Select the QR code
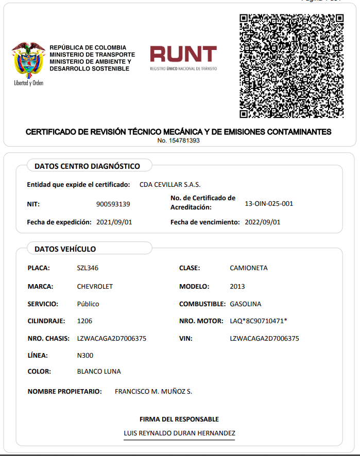pyautogui.click(x=292, y=65)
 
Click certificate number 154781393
pyautogui.click(x=179, y=141)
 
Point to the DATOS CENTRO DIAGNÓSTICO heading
pyautogui.click(x=87, y=166)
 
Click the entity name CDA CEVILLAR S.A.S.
pyautogui.click(x=170, y=185)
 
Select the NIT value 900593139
pyautogui.click(x=113, y=204)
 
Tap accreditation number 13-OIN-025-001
pyautogui.click(x=269, y=204)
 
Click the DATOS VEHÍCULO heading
pyautogui.click(x=65, y=249)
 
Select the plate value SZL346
pyautogui.click(x=88, y=268)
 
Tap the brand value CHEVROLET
pyautogui.click(x=95, y=287)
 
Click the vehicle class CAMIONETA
pyautogui.click(x=248, y=268)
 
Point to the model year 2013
pyautogui.click(x=237, y=287)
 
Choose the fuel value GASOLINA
pyautogui.click(x=245, y=304)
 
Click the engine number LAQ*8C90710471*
pyautogui.click(x=258, y=321)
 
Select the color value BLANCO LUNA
pyautogui.click(x=99, y=372)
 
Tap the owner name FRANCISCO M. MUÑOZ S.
pyautogui.click(x=153, y=392)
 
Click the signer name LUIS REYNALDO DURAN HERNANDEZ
pyautogui.click(x=179, y=433)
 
